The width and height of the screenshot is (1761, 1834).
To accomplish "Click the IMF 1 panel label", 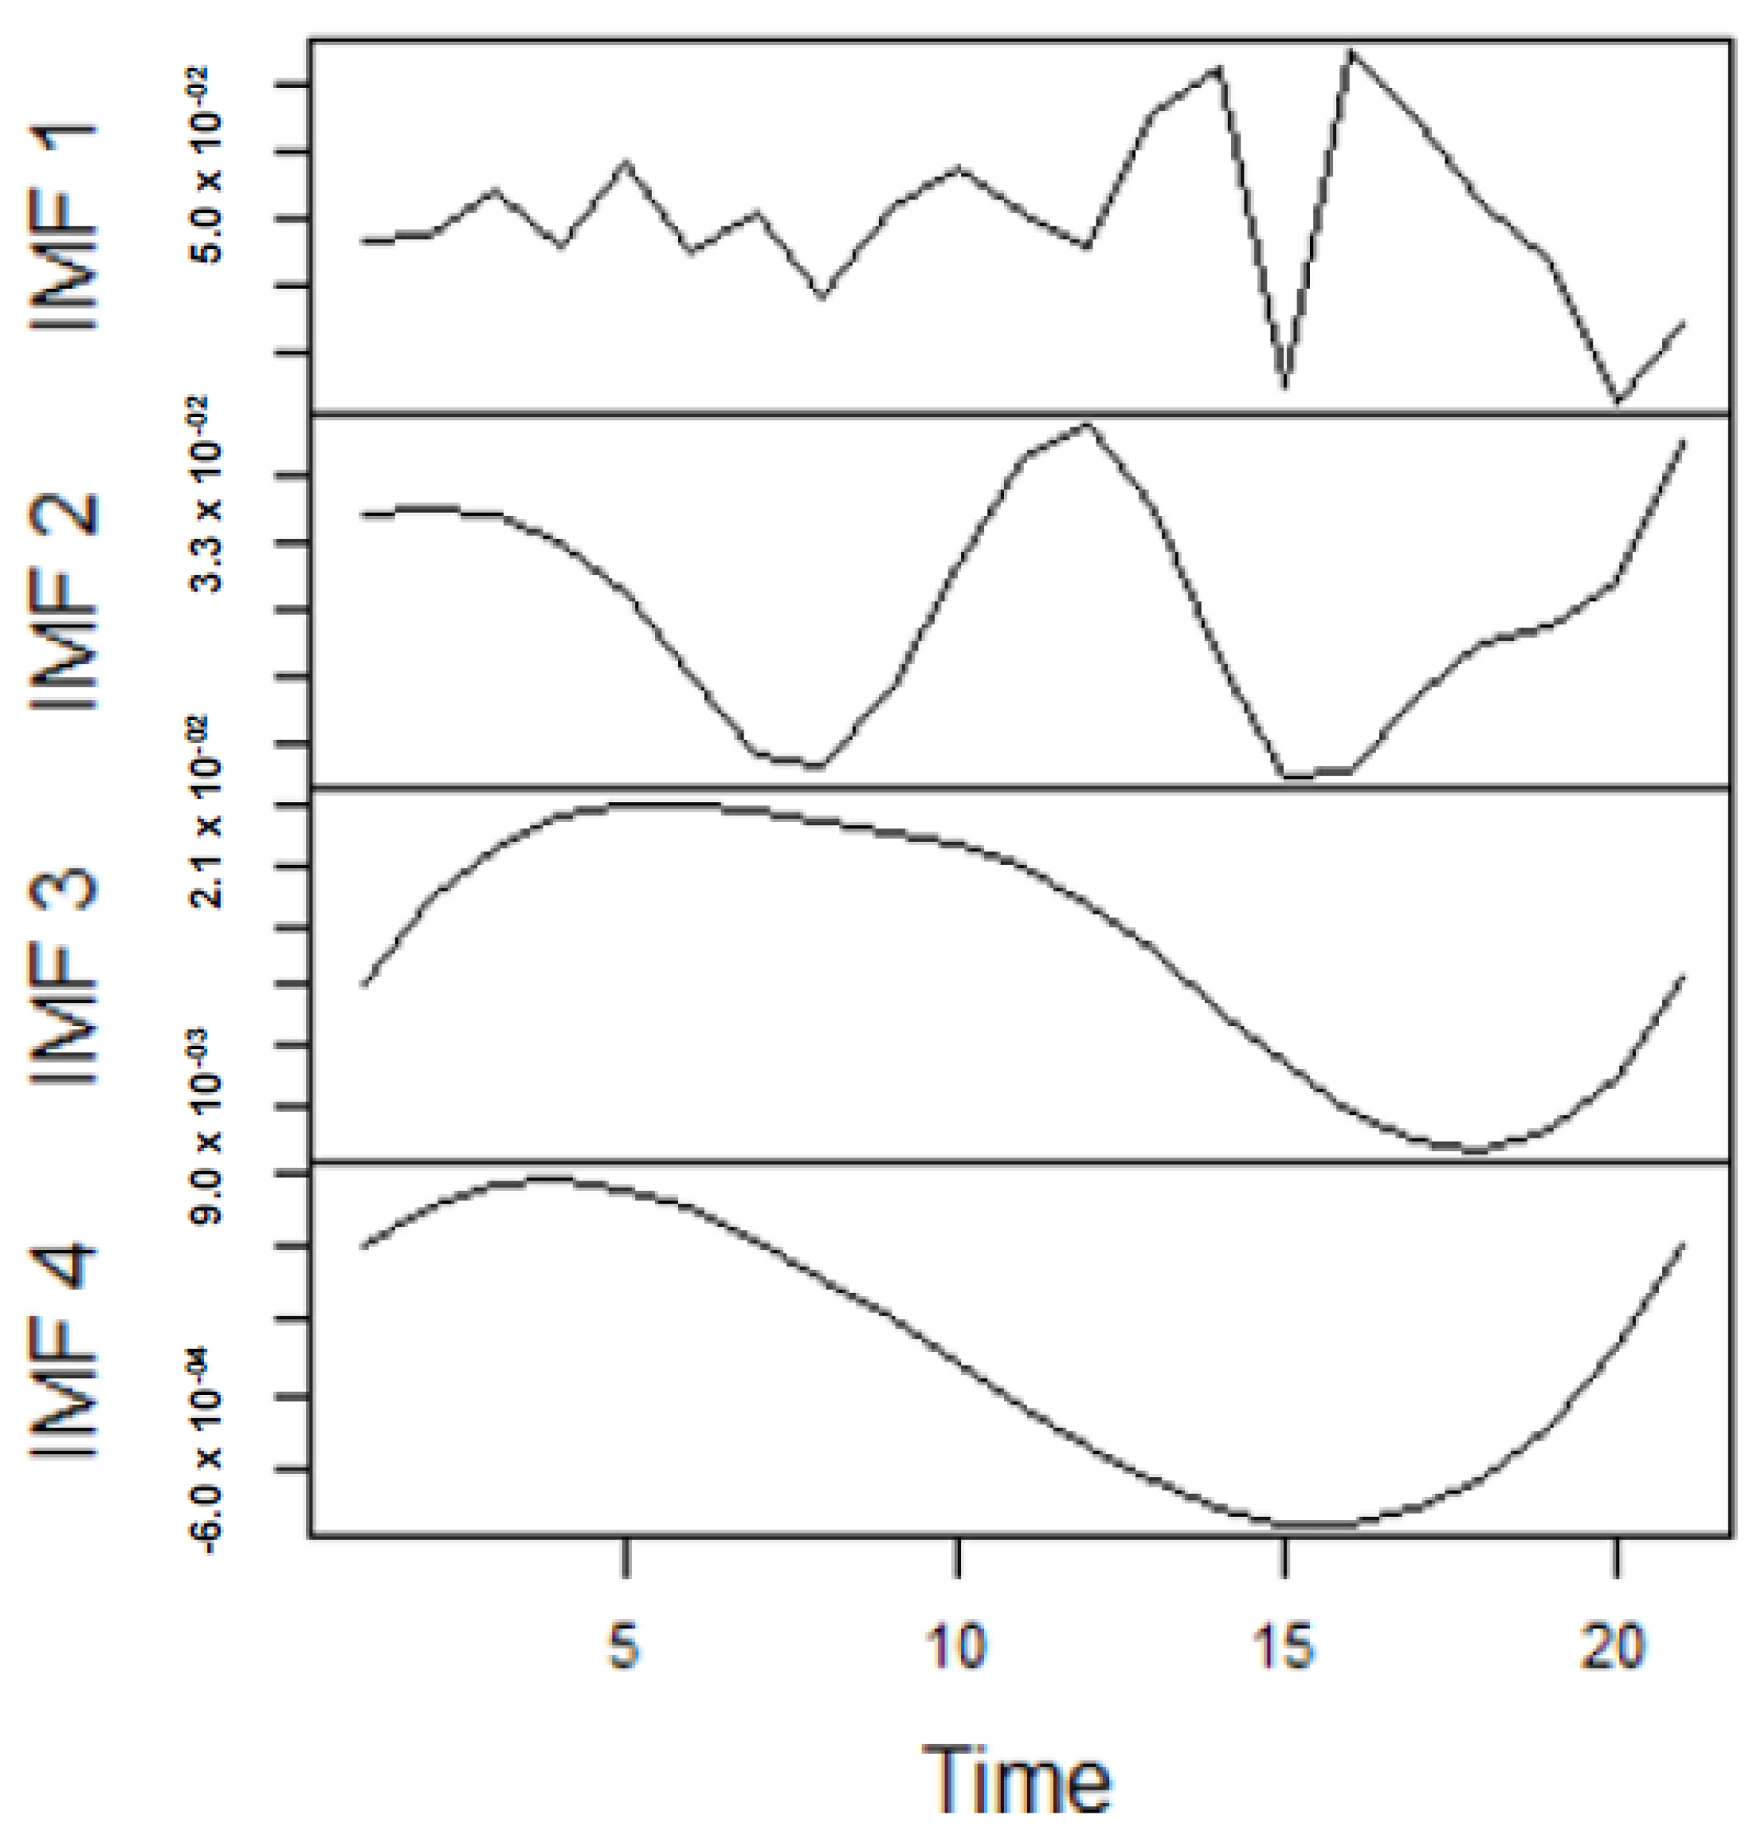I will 63,226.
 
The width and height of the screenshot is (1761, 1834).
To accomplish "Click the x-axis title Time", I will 1017,1779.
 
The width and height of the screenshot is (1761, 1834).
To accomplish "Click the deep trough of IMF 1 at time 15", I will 1286,385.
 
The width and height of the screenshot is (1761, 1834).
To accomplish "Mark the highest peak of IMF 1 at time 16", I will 1351,52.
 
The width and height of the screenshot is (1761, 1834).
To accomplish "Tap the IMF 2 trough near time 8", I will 819,765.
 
